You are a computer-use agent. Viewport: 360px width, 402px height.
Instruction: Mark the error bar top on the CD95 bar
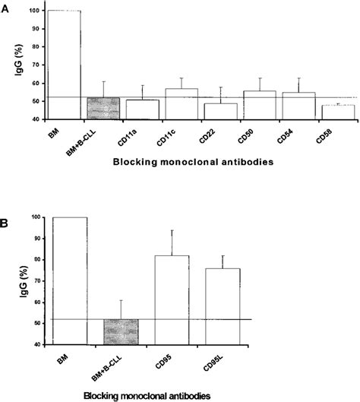point(172,230)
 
